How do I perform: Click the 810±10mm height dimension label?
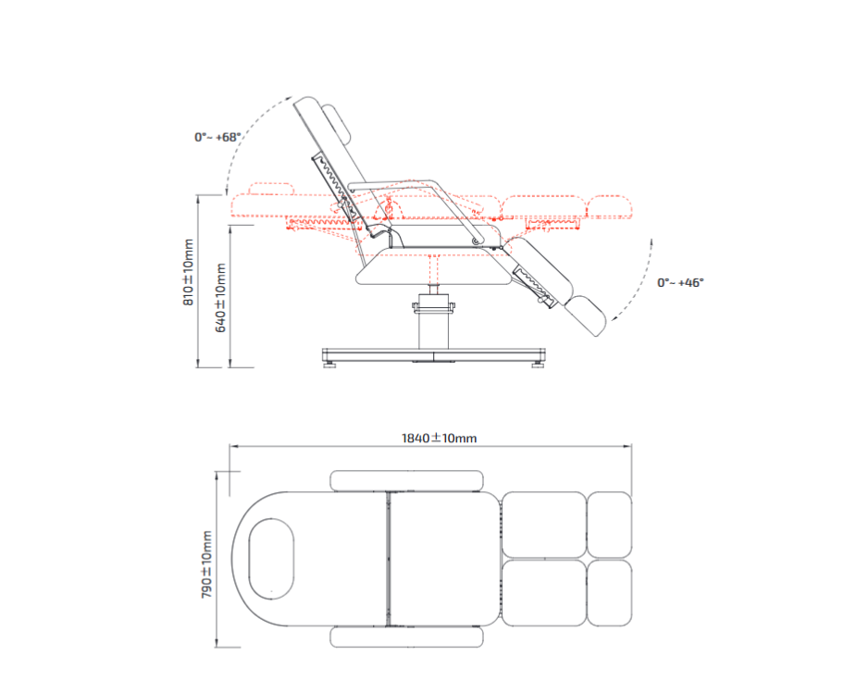pyautogui.click(x=188, y=271)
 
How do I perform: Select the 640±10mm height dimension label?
pyautogui.click(x=220, y=297)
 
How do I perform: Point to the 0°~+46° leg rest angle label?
pyautogui.click(x=680, y=282)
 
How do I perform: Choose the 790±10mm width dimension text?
pyautogui.click(x=206, y=564)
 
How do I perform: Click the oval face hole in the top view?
pyautogui.click(x=272, y=556)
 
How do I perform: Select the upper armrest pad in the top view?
pyautogui.click(x=406, y=479)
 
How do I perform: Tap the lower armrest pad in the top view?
pyautogui.click(x=406, y=637)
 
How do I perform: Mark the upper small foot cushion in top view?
pyautogui.click(x=610, y=524)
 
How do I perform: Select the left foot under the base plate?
pyautogui.click(x=329, y=365)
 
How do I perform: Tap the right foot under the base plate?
pyautogui.click(x=536, y=365)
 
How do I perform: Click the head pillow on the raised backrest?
pyautogui.click(x=339, y=125)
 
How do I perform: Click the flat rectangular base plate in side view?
pyautogui.click(x=432, y=355)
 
